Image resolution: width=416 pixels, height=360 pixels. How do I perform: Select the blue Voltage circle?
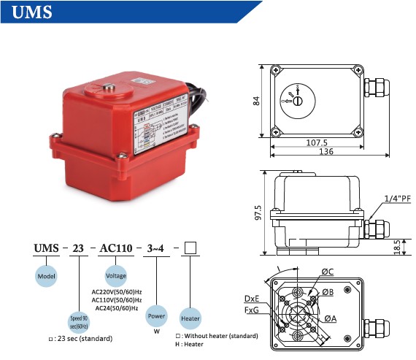(x=116, y=276)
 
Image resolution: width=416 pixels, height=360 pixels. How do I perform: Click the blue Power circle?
(x=157, y=318)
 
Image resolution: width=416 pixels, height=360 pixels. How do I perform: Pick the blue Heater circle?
(x=190, y=318)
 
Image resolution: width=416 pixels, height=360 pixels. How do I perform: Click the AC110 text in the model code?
(x=116, y=248)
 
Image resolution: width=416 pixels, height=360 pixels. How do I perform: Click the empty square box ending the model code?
(x=190, y=248)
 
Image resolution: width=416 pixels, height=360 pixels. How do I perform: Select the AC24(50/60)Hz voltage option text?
(x=116, y=307)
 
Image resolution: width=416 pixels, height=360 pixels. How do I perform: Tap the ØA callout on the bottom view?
(x=331, y=318)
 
